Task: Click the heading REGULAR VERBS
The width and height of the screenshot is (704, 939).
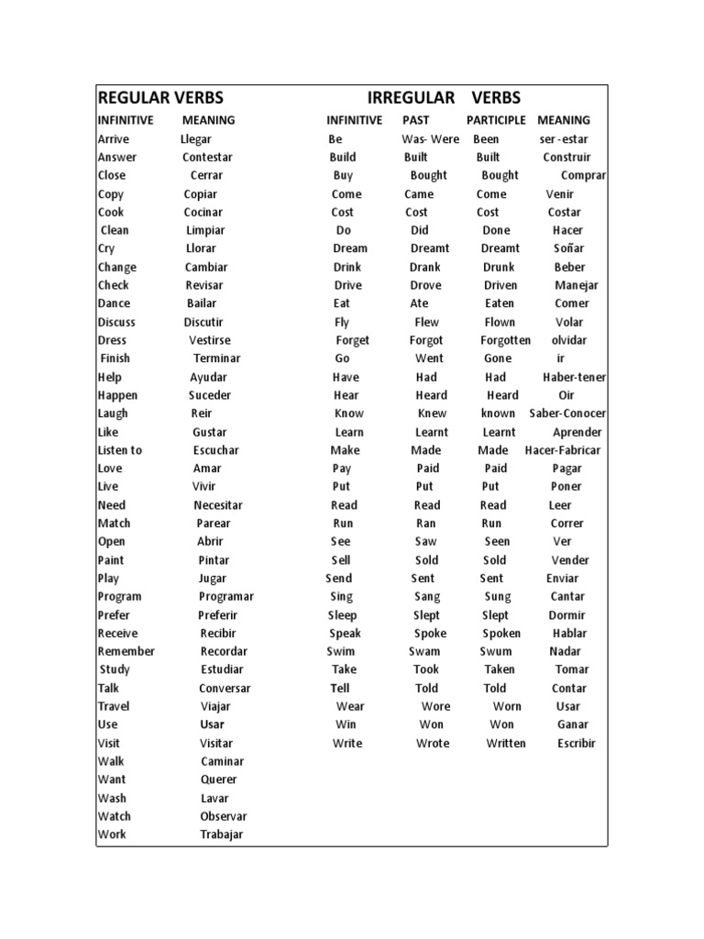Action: [x=160, y=98]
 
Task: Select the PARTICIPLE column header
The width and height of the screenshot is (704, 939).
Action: [x=496, y=120]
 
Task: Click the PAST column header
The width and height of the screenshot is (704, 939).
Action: [x=415, y=120]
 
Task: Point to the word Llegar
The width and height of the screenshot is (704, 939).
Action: [x=196, y=139]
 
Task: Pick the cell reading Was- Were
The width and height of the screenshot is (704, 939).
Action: [x=431, y=139]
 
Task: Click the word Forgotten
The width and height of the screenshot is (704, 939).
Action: [x=505, y=340]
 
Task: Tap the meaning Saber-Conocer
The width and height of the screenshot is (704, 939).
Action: [x=567, y=414]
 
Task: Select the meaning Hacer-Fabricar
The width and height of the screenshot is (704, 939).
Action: [x=563, y=450]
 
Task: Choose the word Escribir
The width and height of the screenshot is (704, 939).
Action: [x=576, y=744]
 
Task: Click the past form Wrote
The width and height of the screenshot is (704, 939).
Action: [x=433, y=744]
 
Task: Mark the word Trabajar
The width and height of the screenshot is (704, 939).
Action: [x=222, y=834]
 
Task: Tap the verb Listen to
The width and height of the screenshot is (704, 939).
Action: [x=120, y=450]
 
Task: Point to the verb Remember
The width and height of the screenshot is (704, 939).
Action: [x=126, y=652]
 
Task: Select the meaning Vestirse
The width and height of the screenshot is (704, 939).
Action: [x=210, y=340]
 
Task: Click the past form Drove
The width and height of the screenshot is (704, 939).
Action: [x=426, y=285]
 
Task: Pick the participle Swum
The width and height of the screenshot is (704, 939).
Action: [x=496, y=652]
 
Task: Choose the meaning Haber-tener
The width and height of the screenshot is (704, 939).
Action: [x=574, y=377]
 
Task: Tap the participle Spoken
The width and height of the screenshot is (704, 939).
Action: [x=501, y=634]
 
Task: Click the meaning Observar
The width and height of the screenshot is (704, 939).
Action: [x=224, y=816]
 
